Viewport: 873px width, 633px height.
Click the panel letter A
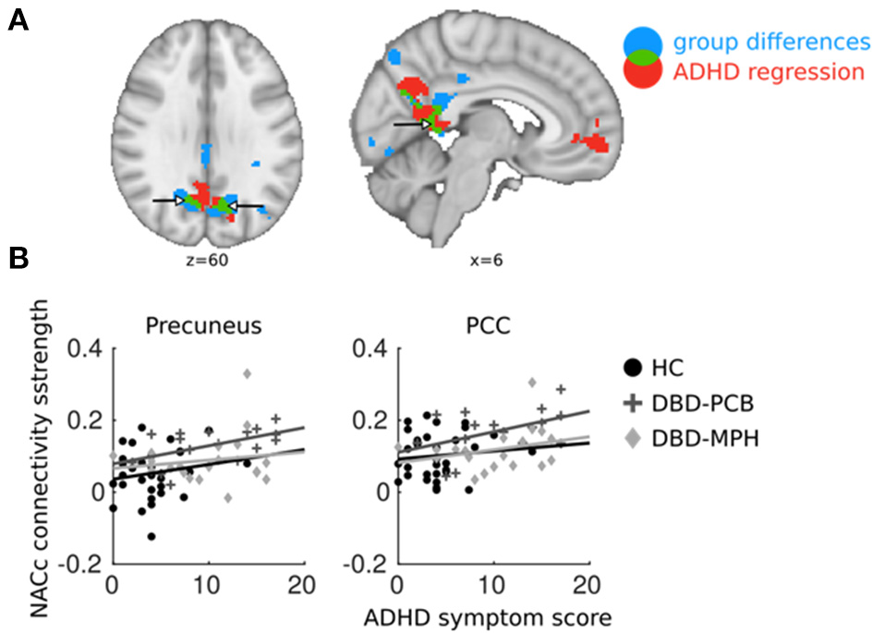click(16, 19)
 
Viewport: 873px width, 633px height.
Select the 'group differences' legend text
click(771, 42)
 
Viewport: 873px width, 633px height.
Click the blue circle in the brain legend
click(642, 40)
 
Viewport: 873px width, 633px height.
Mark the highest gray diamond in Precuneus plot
click(248, 374)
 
